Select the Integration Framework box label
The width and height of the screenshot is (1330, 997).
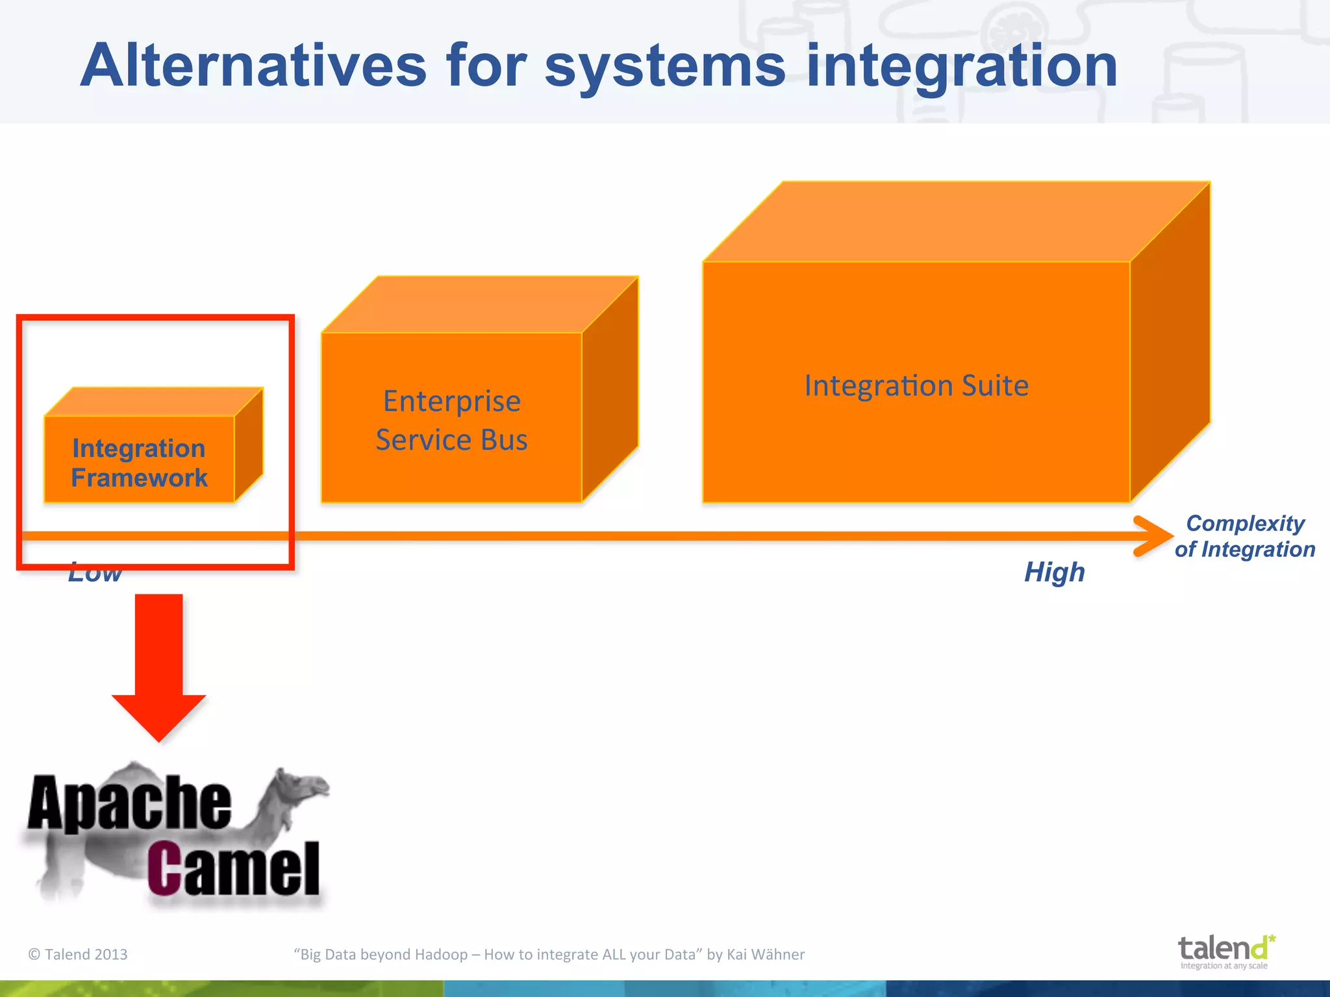139,463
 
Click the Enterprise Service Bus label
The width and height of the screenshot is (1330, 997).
452,420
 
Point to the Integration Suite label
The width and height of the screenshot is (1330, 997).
916,386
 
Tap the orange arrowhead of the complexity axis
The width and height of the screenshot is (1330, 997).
1153,536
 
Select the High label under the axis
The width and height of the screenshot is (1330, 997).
1054,572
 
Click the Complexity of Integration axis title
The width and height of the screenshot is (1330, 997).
1245,536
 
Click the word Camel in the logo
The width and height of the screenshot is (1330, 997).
234,868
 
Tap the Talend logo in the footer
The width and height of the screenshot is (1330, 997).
1225,951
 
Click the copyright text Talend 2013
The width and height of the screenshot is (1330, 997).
78,954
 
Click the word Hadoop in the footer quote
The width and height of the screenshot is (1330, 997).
441,954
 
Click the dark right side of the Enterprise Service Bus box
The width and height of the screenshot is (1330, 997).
610,389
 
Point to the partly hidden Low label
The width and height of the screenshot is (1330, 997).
95,574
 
